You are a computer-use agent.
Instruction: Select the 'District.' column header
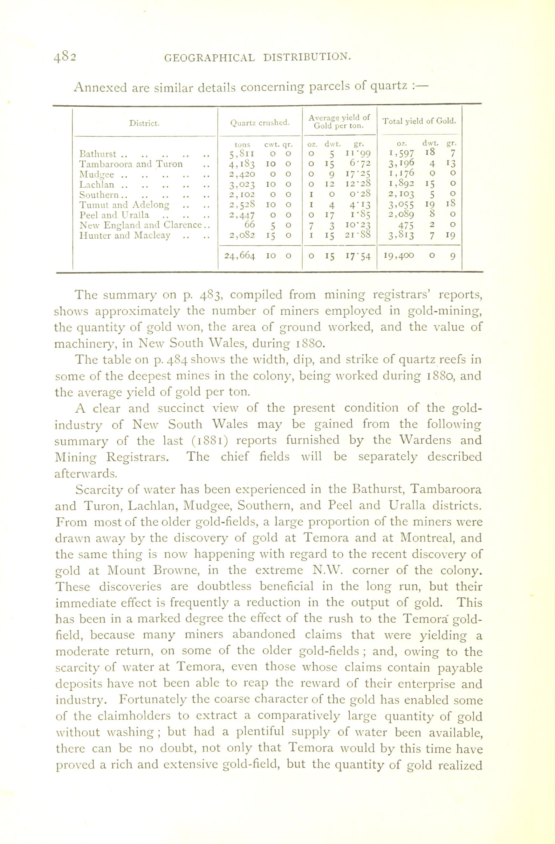tap(144, 123)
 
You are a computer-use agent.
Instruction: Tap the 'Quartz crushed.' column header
tap(260, 123)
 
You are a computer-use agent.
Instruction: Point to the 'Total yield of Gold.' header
tap(419, 121)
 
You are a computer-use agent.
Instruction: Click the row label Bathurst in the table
tap(98, 154)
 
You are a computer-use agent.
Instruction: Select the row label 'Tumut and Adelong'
tap(124, 205)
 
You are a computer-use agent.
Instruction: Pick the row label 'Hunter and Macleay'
tap(125, 235)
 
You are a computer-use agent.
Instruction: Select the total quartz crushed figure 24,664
tap(240, 256)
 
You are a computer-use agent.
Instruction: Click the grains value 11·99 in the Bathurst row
tap(359, 154)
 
